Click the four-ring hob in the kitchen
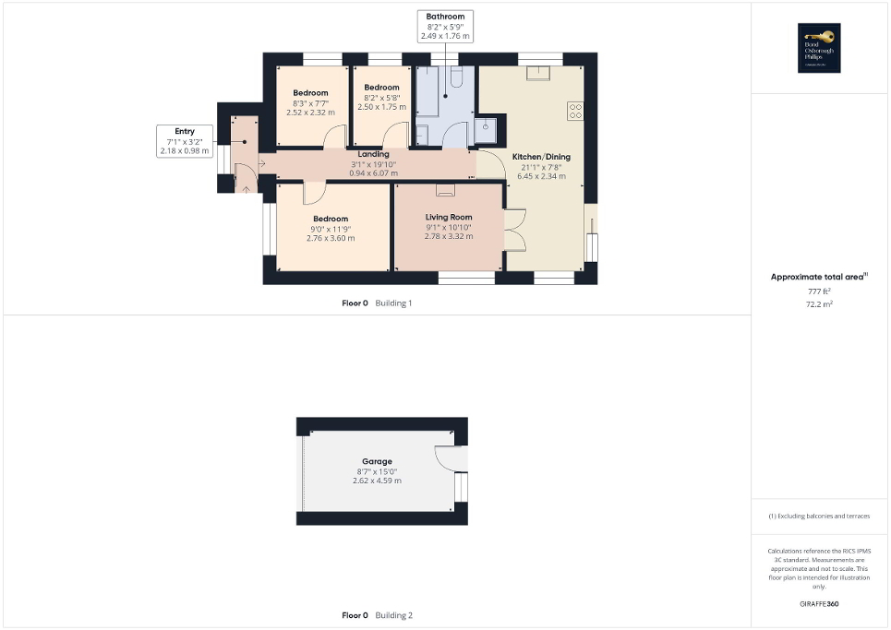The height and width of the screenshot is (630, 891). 575,110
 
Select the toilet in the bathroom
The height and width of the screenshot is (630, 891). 486,127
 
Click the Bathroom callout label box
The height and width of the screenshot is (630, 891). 445,27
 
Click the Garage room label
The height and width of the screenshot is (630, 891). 377,461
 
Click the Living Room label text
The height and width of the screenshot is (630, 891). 449,217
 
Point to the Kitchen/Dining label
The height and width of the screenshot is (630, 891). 541,157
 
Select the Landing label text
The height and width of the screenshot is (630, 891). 373,154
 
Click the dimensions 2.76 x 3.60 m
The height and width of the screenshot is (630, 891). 331,238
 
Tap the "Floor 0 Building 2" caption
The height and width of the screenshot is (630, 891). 377,615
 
